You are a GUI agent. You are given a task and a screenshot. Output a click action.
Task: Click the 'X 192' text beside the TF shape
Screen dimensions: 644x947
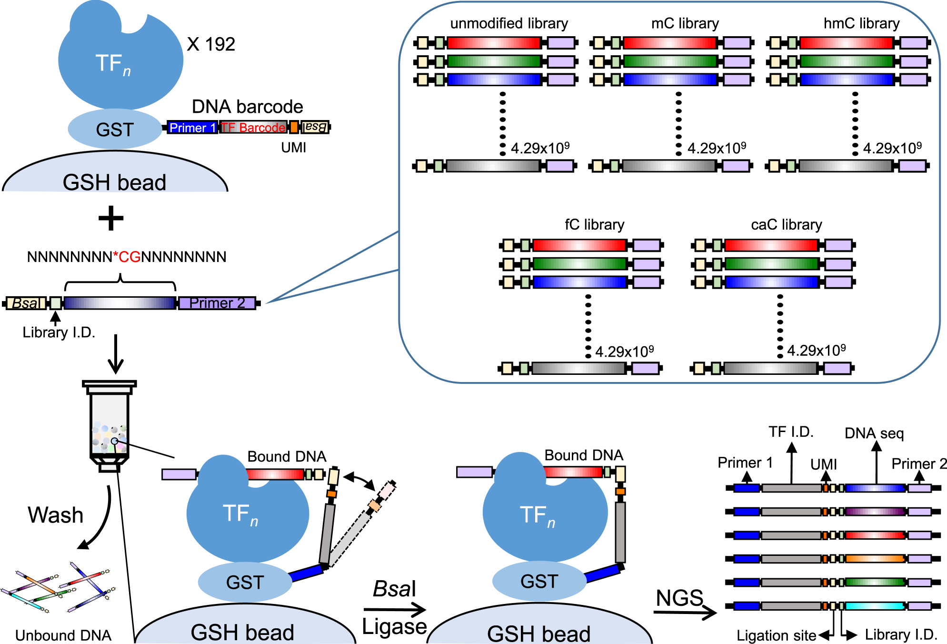pos(211,44)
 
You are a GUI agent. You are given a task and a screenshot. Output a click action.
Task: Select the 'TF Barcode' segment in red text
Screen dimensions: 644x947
pos(253,128)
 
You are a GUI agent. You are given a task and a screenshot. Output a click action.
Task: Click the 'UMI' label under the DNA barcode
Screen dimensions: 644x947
pos(293,148)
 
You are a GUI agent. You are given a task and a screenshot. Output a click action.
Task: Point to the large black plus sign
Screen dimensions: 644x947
pos(111,219)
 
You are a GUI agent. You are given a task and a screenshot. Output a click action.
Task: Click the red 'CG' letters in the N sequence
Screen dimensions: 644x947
pos(130,257)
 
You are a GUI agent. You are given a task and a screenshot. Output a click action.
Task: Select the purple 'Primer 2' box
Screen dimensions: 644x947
pos(217,303)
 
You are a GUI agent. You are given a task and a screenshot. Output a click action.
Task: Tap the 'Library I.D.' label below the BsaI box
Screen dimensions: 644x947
pos(59,332)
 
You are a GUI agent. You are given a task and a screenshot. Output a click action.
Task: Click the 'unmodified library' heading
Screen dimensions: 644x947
pos(509,23)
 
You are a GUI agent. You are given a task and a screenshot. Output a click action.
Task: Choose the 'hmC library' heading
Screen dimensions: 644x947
pos(861,23)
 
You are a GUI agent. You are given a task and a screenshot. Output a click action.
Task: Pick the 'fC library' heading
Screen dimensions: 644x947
pos(594,224)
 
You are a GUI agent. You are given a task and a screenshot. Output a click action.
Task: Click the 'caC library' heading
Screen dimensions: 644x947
pos(786,224)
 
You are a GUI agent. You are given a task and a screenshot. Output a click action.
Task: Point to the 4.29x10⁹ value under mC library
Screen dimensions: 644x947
pos(717,149)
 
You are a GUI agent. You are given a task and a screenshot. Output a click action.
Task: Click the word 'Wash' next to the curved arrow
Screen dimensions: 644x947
pos(56,515)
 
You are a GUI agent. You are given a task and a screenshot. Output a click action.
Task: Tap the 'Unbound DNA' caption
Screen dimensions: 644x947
pos(63,635)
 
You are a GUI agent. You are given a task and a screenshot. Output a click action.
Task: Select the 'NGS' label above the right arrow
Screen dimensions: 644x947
pos(679,598)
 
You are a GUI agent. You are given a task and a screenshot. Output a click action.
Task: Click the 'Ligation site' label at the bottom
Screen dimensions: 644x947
pos(776,635)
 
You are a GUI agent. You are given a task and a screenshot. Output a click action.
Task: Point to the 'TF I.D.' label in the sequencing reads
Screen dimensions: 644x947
pos(791,432)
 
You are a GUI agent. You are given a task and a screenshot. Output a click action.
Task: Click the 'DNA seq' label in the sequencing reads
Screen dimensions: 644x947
pos(874,433)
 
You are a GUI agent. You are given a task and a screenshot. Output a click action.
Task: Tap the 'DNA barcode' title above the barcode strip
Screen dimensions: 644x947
pos(247,107)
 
